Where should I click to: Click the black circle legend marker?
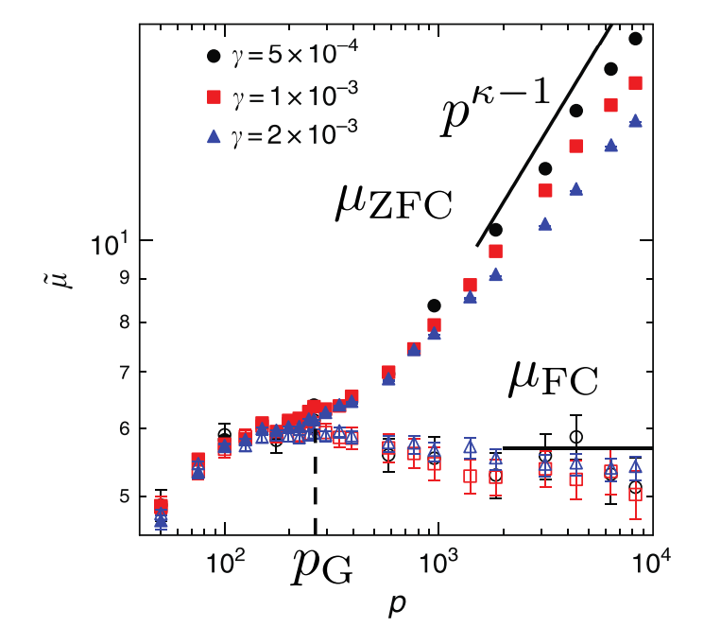214,55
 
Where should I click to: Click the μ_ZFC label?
394,203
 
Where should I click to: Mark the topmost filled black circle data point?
635,39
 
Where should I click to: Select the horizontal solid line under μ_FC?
576,447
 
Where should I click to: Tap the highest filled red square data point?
635,83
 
